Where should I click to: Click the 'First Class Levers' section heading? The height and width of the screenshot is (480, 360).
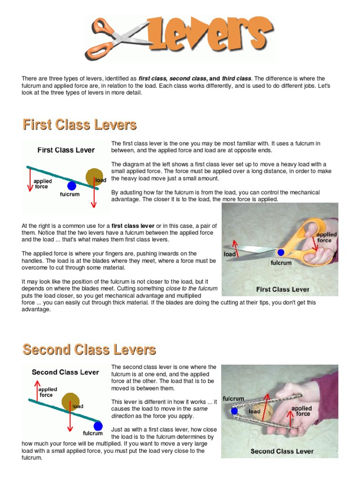point(80,125)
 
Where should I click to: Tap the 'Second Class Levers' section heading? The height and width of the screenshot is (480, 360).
point(89,350)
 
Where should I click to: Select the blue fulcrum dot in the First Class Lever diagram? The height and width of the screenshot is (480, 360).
point(71,186)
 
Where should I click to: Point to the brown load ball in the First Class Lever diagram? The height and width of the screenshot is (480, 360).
point(94,177)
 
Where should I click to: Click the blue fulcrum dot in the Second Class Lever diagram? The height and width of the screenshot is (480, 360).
point(97,426)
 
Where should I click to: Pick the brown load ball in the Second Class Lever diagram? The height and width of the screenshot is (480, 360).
point(71,401)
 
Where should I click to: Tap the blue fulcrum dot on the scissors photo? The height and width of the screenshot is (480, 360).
point(280,253)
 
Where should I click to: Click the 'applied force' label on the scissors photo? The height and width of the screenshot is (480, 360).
point(326,237)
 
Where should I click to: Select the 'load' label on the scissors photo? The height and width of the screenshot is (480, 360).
point(230,254)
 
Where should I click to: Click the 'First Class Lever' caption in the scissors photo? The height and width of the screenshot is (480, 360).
point(283,289)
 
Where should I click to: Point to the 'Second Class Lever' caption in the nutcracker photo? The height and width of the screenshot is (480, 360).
point(282,451)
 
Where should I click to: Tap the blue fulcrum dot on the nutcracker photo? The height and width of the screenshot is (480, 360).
point(234,412)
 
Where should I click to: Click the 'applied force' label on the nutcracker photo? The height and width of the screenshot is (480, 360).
point(301,411)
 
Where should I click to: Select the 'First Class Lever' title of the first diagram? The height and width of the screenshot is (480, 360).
point(66,150)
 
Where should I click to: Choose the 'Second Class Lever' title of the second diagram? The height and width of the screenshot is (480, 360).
point(65,372)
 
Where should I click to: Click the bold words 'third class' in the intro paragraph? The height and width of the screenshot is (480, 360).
point(237,78)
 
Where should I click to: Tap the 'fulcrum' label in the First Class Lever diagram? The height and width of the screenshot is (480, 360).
point(70,194)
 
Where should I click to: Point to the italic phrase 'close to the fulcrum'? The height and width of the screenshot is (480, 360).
point(191,289)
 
